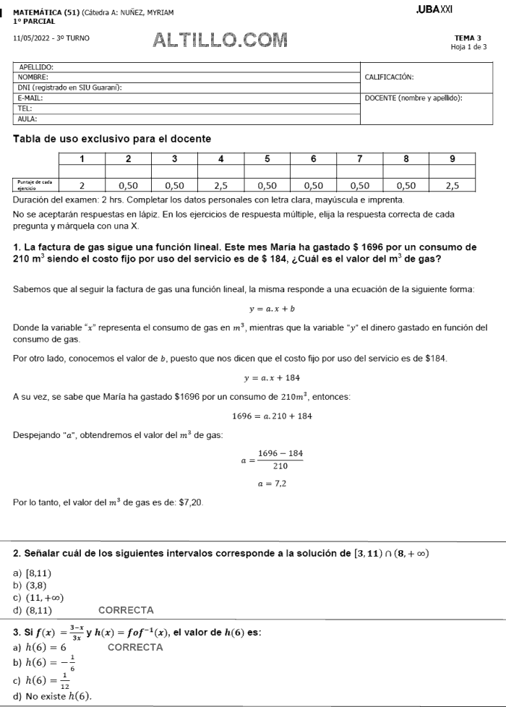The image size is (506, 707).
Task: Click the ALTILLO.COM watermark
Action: coord(220,39)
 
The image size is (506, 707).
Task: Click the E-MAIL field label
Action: coord(30,98)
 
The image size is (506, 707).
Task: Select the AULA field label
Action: coord(27,119)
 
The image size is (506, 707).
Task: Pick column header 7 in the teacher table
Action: coord(359,158)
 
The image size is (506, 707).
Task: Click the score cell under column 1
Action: coord(82,186)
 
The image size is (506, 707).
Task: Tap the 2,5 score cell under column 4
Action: coord(220,186)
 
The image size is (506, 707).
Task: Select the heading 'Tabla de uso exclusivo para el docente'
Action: coord(112,138)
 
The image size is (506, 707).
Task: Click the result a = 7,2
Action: coord(272,484)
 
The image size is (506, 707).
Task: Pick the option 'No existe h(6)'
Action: coord(52,696)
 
